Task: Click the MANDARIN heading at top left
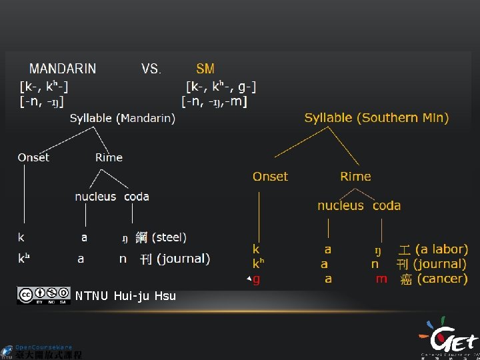pos(63,69)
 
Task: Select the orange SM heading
pos(205,69)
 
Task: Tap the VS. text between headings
pos(151,69)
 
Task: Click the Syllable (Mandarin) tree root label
pos(123,118)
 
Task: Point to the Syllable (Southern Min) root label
pos(377,118)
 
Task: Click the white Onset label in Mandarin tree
pos(33,157)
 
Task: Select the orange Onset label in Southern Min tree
pos(270,177)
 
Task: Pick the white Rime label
pos(109,157)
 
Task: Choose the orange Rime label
pos(355,177)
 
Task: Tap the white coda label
pos(137,197)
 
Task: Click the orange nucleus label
pos(340,206)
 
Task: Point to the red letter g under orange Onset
pos(257,279)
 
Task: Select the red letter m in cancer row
pos(381,279)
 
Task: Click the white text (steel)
pos(169,237)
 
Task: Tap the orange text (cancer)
pos(442,279)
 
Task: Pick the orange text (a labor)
pos(441,249)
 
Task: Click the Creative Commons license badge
pos(44,295)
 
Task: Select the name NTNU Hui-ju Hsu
pos(125,295)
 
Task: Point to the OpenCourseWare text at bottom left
pos(44,347)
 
